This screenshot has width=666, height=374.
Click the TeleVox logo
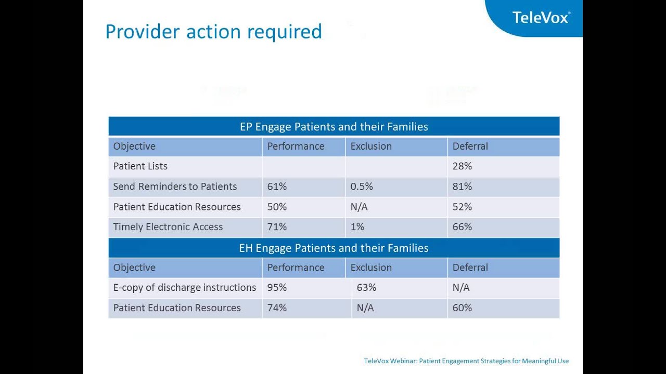[x=541, y=17]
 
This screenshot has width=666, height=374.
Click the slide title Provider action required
[x=213, y=32]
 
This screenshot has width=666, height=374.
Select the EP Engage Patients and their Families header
[x=334, y=127]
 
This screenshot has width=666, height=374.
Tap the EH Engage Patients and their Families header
[x=334, y=248]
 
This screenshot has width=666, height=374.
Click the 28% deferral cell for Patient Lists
[x=462, y=166]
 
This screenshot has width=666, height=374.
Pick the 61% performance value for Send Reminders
[x=277, y=186]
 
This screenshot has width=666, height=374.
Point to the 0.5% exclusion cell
[x=362, y=186]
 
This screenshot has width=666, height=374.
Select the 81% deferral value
[x=462, y=186]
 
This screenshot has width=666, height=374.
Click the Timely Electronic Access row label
[x=168, y=227]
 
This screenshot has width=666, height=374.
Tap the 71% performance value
[x=277, y=227]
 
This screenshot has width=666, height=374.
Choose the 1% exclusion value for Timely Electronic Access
[x=357, y=227]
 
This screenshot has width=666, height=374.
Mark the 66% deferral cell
[x=462, y=227]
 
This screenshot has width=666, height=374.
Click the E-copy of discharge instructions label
[x=185, y=288]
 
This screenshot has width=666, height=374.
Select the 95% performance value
[x=277, y=288]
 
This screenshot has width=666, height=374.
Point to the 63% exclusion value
[x=366, y=288]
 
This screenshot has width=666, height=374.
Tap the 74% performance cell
[x=277, y=308]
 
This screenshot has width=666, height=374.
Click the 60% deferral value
[x=462, y=308]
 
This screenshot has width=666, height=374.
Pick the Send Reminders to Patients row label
[x=175, y=186]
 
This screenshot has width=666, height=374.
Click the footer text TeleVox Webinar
[x=466, y=361]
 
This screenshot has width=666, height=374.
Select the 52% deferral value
[x=462, y=207]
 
